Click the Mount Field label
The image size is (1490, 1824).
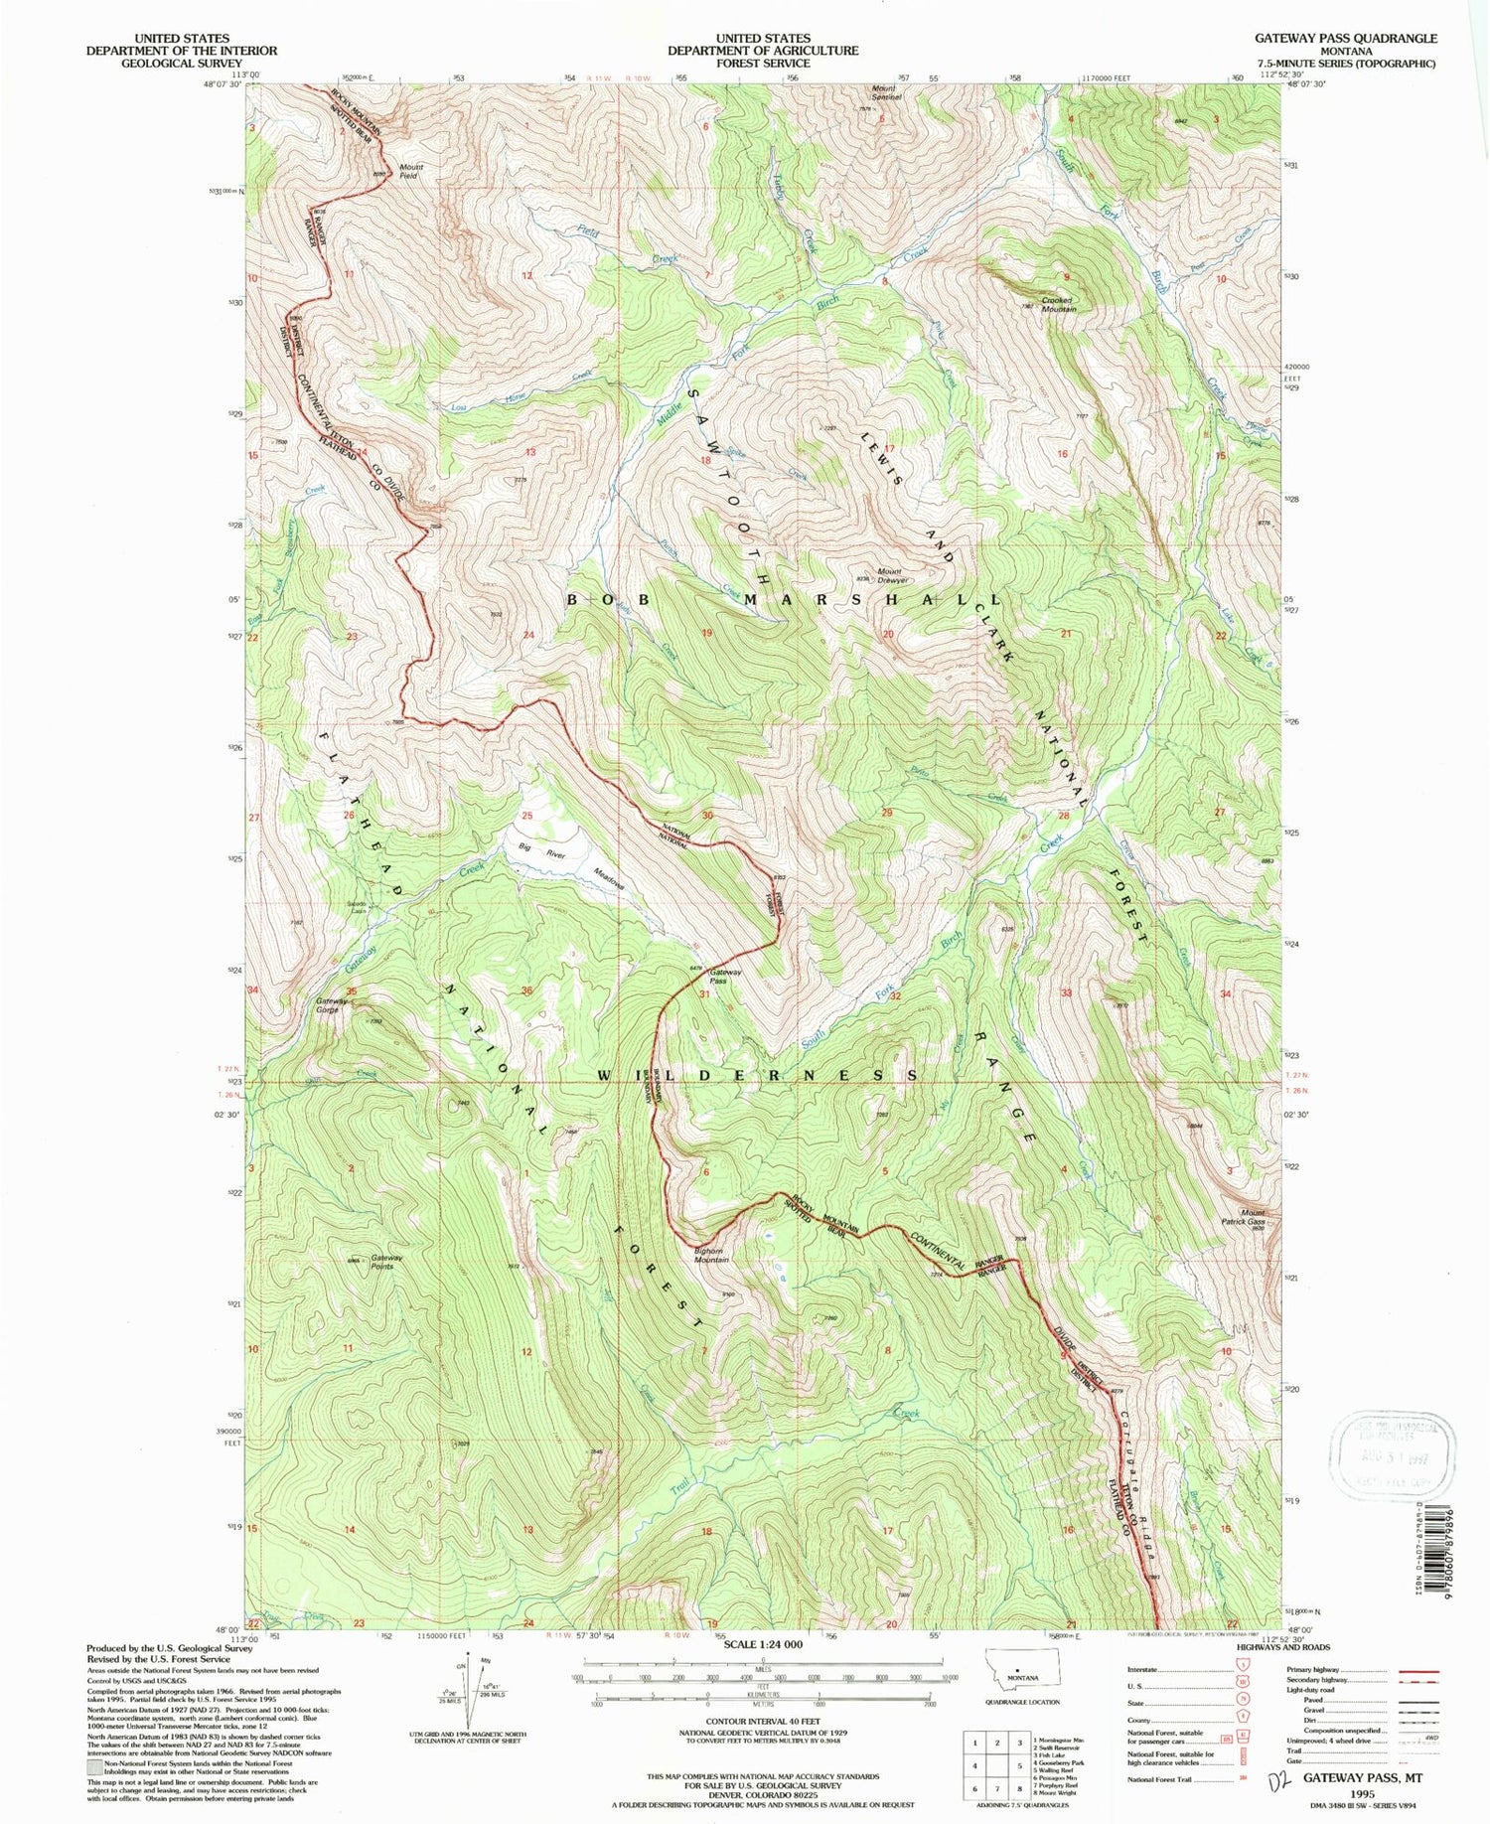tap(410, 171)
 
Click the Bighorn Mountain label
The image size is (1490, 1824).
tap(710, 1255)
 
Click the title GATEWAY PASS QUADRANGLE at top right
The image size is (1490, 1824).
tap(1345, 38)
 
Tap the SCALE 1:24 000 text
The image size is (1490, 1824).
tap(762, 1644)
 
